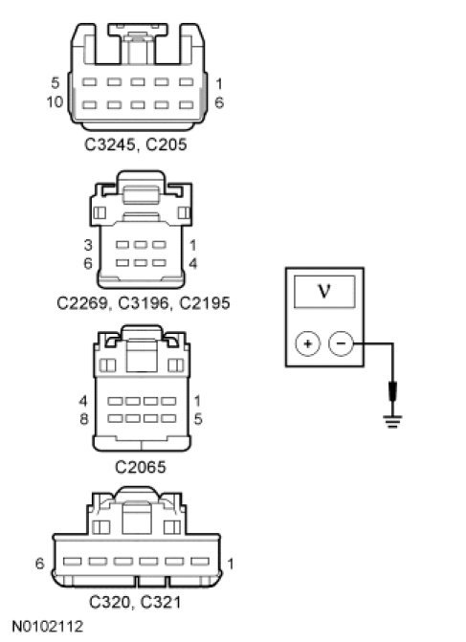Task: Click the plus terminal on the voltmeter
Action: coord(308,343)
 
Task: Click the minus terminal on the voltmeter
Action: coord(341,343)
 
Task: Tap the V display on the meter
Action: coord(324,292)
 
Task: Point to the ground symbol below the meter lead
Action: coord(392,422)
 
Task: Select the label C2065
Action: coord(141,467)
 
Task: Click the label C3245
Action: coord(110,144)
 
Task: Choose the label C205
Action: coord(166,144)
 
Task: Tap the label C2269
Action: coord(82,303)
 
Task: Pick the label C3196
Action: coord(144,303)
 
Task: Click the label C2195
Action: coord(205,303)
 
